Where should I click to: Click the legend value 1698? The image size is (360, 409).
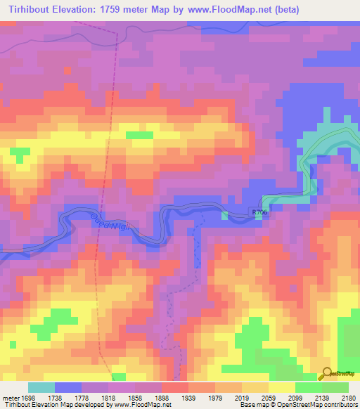(x=27, y=398)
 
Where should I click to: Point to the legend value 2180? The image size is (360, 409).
(x=349, y=398)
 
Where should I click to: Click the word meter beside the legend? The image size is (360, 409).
(x=9, y=398)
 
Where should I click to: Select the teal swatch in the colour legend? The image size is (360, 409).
(x=41, y=387)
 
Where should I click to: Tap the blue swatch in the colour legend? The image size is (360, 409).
(x=68, y=387)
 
